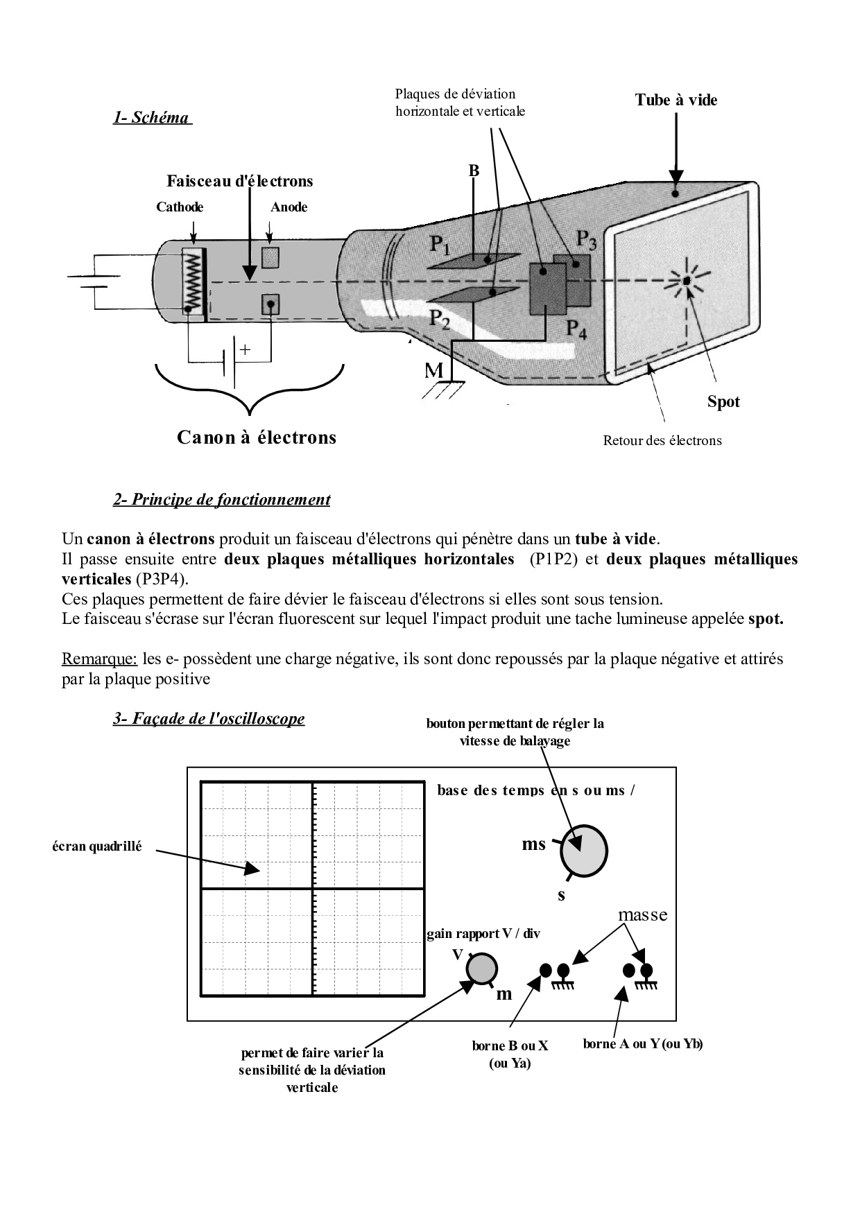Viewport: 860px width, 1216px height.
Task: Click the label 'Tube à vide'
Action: point(676,100)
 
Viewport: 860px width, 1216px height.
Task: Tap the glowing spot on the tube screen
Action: point(685,280)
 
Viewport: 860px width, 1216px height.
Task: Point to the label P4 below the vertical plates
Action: point(576,329)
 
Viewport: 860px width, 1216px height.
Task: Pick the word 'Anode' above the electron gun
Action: point(289,207)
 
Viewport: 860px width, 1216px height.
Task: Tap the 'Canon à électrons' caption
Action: point(257,437)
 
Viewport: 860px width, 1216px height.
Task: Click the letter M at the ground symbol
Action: point(434,372)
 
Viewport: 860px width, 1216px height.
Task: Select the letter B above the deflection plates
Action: point(474,171)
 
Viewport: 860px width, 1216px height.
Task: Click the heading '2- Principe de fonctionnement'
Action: point(221,499)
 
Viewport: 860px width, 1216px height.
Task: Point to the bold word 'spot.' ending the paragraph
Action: point(766,619)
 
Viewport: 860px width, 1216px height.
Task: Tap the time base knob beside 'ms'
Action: point(584,851)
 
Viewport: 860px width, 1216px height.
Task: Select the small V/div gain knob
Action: point(481,969)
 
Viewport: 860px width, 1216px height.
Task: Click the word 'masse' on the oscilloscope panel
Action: point(642,915)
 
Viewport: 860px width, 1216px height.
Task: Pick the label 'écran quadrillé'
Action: point(97,846)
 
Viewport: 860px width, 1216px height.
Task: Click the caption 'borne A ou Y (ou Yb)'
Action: point(643,1045)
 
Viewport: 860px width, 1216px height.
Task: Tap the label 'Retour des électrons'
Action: point(662,441)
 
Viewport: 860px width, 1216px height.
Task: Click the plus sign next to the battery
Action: point(244,350)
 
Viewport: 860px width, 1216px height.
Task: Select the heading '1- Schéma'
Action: point(151,117)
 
